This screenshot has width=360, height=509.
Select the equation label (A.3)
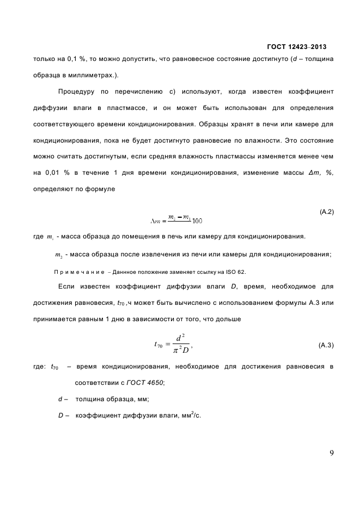pos(326,345)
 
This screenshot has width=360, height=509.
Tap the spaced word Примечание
pos(77,272)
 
